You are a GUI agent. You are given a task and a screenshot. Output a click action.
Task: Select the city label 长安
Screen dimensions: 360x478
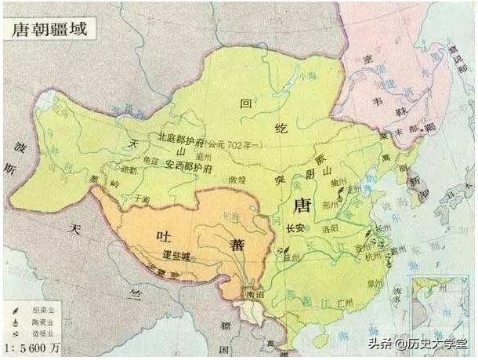295,229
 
